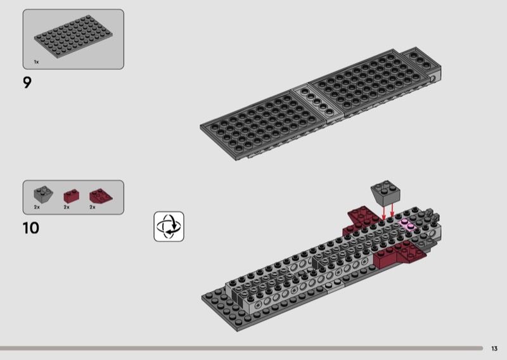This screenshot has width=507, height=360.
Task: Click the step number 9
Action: tap(27, 82)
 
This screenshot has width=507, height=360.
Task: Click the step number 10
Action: tap(31, 228)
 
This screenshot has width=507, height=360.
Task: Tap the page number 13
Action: tap(494, 349)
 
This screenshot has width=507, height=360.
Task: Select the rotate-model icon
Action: tap(169, 226)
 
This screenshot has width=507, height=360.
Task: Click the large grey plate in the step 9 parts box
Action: tap(74, 37)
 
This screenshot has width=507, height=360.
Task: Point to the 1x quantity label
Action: tap(36, 61)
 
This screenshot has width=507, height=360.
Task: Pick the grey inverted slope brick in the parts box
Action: tap(43, 195)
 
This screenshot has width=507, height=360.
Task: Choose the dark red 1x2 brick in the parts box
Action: tap(72, 196)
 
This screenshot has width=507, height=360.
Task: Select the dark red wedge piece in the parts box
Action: tap(101, 196)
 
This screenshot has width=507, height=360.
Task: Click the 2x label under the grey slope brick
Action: tap(37, 207)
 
